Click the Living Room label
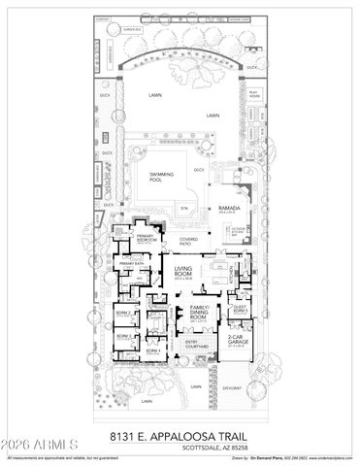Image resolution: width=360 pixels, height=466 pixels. click(185, 273)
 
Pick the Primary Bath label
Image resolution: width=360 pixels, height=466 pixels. click(130, 264)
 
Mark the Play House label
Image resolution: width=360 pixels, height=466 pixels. click(254, 98)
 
